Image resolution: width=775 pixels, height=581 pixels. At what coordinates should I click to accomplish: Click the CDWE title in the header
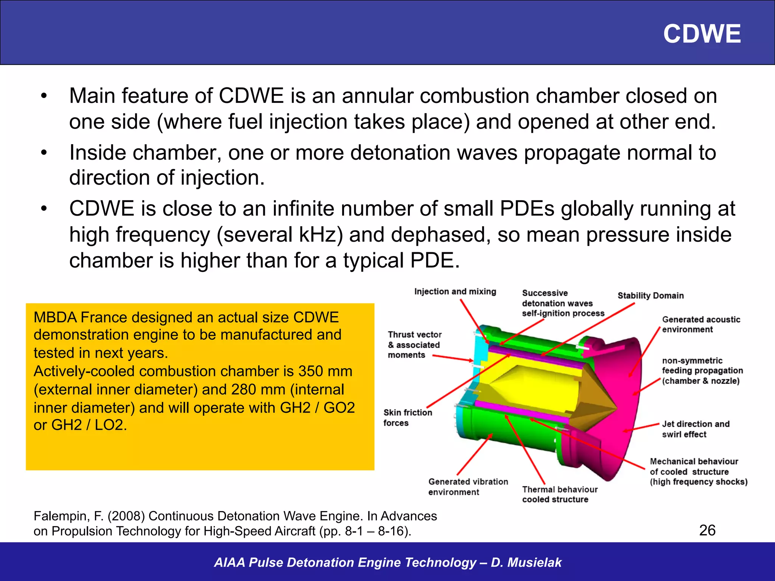(702, 34)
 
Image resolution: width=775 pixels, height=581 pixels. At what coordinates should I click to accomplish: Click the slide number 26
(707, 530)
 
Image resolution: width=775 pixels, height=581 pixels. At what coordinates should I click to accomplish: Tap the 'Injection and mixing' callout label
(455, 292)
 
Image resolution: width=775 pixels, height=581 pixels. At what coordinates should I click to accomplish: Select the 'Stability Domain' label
(651, 296)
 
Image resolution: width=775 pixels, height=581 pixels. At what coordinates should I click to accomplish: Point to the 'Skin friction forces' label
(407, 418)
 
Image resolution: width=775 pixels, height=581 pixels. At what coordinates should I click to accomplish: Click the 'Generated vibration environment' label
(468, 487)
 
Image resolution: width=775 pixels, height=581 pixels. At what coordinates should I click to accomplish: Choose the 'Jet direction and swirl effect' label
(695, 429)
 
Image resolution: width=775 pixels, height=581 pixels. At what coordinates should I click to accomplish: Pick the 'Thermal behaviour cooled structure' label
(559, 494)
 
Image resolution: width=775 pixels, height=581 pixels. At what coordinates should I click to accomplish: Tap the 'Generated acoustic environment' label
(700, 325)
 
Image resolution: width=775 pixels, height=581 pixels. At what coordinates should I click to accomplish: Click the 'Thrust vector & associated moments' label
(414, 345)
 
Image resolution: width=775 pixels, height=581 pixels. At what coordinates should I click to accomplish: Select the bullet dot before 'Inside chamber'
(44, 153)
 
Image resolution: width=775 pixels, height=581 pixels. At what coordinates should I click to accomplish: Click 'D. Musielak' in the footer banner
(526, 562)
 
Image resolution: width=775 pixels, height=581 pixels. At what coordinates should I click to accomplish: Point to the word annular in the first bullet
(377, 96)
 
